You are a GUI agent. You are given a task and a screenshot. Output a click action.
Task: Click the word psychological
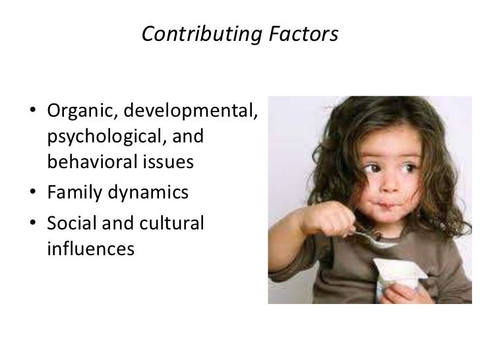pyautogui.click(x=104, y=138)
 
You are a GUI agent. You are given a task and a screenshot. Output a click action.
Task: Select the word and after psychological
pyautogui.click(x=187, y=138)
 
